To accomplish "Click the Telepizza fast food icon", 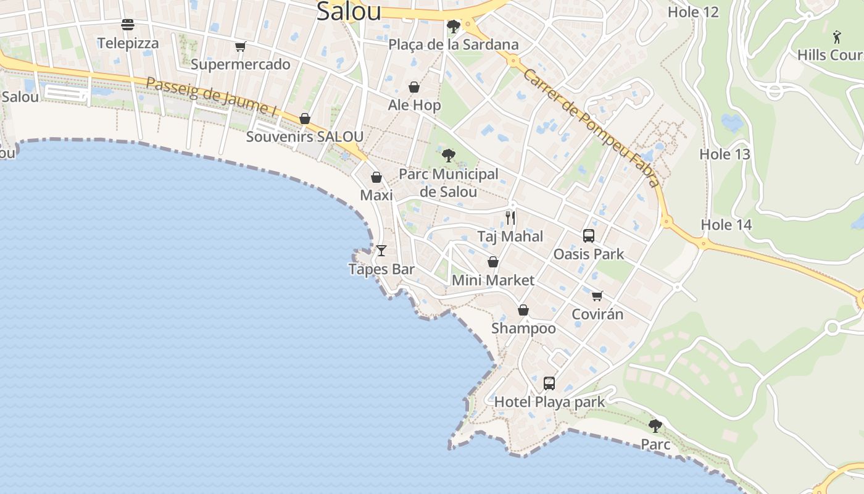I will point(128,25).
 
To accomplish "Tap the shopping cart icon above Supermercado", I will point(240,46).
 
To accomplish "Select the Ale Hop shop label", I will point(414,105).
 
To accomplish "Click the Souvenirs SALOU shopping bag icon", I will point(304,119).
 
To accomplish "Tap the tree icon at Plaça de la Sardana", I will point(454,27).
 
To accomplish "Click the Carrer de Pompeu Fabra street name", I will point(592,127).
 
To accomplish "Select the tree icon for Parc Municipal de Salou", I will point(449,156).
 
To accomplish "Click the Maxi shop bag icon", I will point(376,177).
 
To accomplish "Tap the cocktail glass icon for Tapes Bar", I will point(381,251).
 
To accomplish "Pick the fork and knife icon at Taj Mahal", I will point(510,218).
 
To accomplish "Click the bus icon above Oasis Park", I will point(589,235).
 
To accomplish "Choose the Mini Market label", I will point(493,280).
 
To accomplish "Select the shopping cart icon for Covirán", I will point(597,296).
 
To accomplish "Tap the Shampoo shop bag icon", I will point(523,310).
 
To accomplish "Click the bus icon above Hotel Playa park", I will point(549,383).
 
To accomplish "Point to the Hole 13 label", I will point(725,154).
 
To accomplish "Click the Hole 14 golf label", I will point(726,225).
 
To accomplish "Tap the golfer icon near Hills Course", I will point(837,36).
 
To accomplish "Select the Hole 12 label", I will point(693,12).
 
